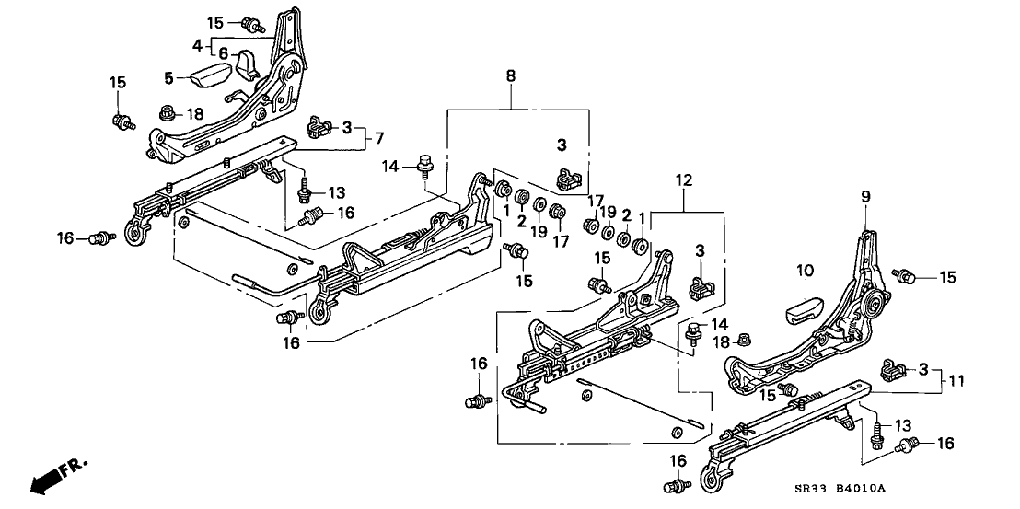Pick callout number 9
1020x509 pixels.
tap(865, 195)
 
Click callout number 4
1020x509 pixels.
tap(196, 43)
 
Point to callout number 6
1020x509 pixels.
tap(221, 54)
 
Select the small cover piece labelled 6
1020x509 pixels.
tap(248, 65)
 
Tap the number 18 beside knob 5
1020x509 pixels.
tap(196, 112)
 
